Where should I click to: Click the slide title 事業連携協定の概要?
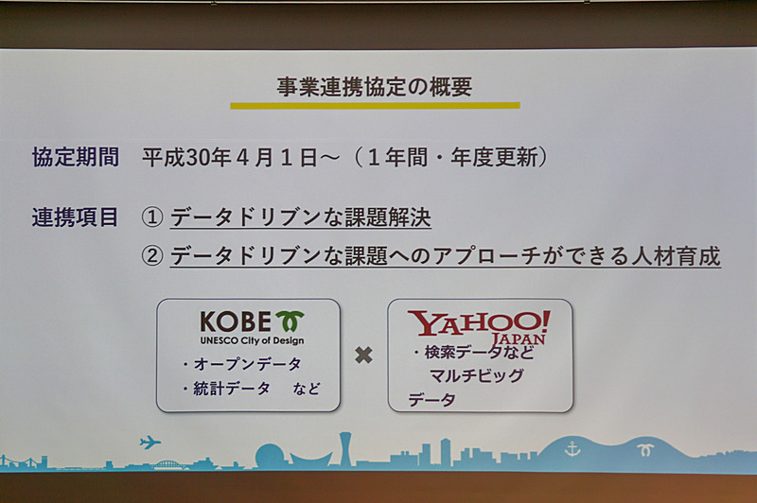(x=375, y=86)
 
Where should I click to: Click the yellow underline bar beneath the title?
(x=375, y=105)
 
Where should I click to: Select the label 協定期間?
(x=76, y=157)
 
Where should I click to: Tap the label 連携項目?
(x=76, y=217)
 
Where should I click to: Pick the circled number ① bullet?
(x=153, y=217)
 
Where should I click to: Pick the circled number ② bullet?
(x=153, y=256)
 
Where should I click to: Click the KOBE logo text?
(x=236, y=321)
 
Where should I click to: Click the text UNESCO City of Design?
(x=252, y=340)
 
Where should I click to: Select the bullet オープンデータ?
(x=240, y=364)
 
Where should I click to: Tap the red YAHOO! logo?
(x=478, y=323)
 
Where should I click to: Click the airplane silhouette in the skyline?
(x=150, y=442)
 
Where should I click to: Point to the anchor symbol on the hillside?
(x=572, y=448)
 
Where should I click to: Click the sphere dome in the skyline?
(x=271, y=456)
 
